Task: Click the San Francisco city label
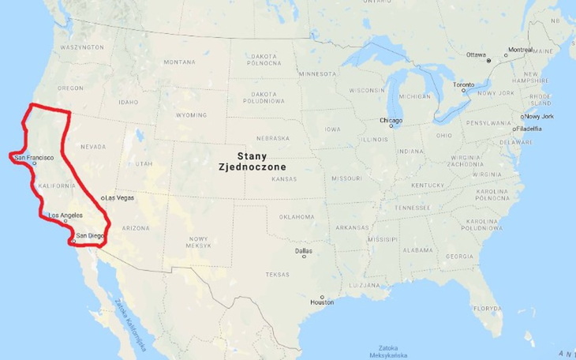pos(34,158)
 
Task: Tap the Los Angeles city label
pos(65,216)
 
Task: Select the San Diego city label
pos(88,235)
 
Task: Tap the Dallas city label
pos(303,251)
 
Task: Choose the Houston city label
pos(322,302)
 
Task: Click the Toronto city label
pos(464,84)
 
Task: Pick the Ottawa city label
pos(476,54)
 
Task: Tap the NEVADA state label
pos(93,147)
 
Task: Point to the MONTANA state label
pos(179,62)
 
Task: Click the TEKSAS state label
pos(278,274)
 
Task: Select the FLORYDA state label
pos(488,308)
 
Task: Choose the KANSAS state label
pos(284,179)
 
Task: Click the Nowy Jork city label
pos(539,116)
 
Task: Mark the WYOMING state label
pos(191,114)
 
